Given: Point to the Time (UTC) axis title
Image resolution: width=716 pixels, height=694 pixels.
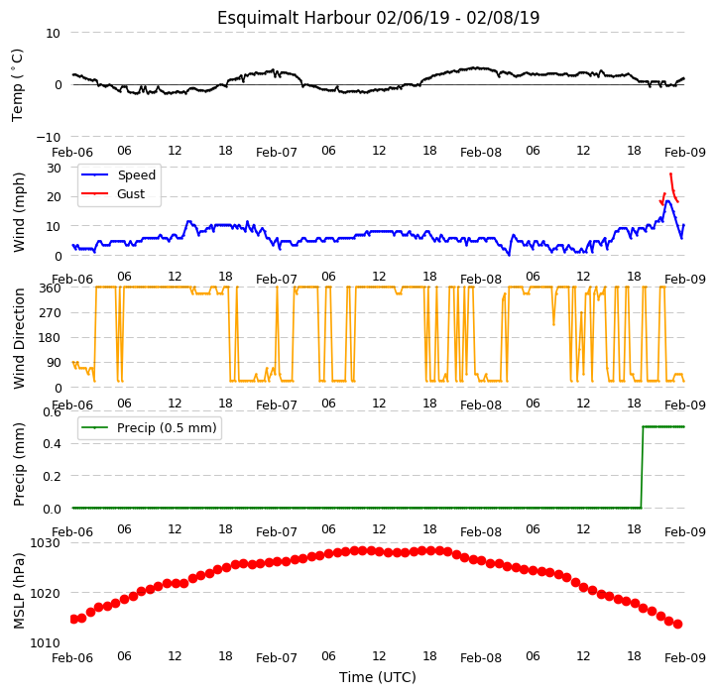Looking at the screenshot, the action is [378, 677].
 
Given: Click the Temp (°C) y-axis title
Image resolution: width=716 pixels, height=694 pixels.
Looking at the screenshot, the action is [18, 85].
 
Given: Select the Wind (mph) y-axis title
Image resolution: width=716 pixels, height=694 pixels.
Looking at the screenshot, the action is [19, 212].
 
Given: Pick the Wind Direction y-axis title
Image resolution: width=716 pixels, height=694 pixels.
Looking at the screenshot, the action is [19, 338].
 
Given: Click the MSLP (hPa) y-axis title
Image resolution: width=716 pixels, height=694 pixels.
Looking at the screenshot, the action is [19, 591].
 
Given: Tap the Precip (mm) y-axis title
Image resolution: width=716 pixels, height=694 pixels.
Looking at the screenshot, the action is [19, 464].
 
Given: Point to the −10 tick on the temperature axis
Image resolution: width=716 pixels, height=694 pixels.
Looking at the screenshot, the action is [48, 137].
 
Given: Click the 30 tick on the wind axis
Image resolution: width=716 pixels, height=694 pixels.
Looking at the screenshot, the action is [54, 168].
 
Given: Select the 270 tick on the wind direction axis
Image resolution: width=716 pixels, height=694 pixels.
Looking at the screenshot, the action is [52, 312].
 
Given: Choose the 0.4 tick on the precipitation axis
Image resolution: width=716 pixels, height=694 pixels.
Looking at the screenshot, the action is [52, 443].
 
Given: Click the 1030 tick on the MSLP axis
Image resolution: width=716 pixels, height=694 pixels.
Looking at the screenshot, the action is [46, 543].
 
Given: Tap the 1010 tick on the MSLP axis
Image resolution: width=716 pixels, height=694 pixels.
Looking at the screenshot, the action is [46, 642].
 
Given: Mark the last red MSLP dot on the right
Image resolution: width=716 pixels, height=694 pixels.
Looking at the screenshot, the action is [678, 625].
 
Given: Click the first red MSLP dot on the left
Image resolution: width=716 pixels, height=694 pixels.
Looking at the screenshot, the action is [73, 619].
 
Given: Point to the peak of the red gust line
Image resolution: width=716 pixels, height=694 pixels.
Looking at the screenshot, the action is [670, 173].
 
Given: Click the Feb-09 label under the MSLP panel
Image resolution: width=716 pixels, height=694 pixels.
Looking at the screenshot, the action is [685, 657].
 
